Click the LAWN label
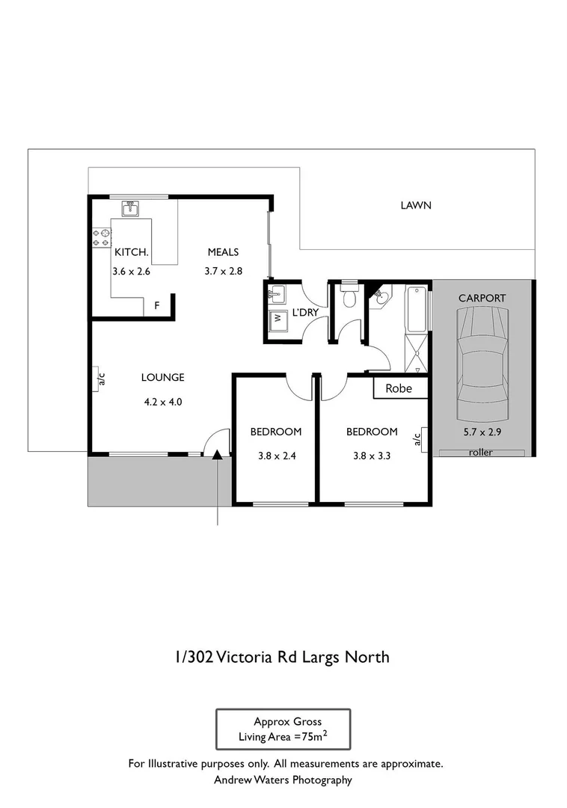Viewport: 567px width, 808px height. coord(416,205)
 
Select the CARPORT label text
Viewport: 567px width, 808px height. coord(482,298)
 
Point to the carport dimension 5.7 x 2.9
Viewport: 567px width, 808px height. coord(482,432)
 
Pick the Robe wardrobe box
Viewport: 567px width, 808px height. coord(399,388)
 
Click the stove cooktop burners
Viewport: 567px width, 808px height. coord(101,238)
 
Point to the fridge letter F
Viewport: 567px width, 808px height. coord(157,306)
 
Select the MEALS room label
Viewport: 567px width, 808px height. coord(223,252)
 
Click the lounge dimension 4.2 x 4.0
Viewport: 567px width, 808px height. coord(162,401)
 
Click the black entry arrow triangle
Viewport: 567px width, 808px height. coord(217,453)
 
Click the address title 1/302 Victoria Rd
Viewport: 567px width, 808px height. coord(282,658)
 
